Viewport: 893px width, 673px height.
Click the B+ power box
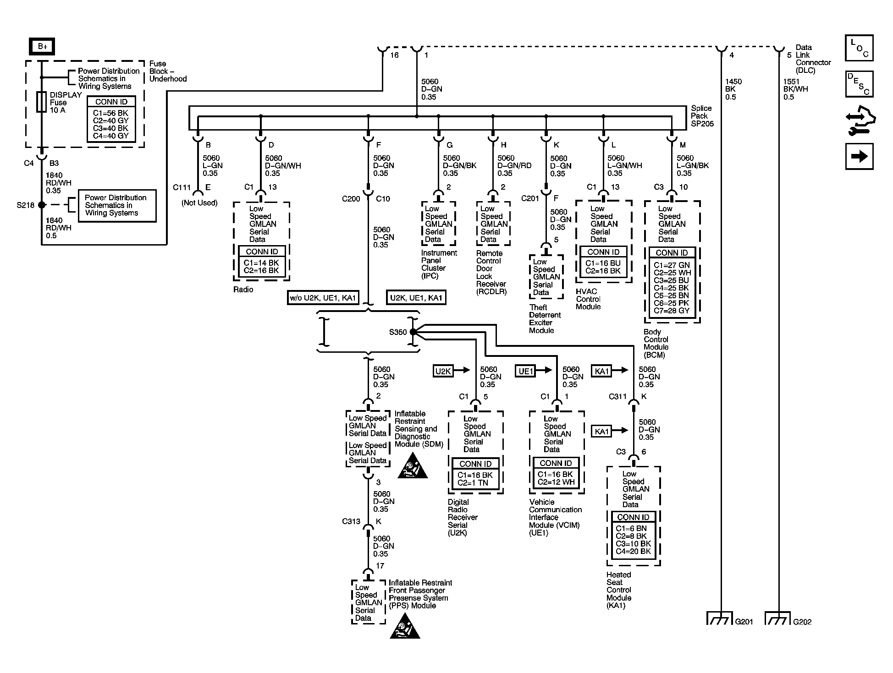point(42,46)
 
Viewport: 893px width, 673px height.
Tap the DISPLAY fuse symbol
point(41,102)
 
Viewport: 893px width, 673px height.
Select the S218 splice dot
point(42,205)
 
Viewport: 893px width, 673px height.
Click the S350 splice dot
point(413,332)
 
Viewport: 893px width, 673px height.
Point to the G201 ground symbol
point(720,618)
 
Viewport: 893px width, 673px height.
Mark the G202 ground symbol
point(778,618)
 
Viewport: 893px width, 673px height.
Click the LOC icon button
point(859,48)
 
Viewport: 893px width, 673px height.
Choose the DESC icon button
point(859,84)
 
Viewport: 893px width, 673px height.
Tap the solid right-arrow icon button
point(859,156)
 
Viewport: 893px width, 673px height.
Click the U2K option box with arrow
point(452,371)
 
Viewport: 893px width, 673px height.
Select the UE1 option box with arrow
point(534,371)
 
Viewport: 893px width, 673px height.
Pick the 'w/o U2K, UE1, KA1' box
point(323,298)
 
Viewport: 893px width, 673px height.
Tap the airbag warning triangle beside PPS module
point(405,626)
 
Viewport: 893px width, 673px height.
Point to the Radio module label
point(243,290)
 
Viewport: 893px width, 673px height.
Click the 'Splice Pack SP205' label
point(702,116)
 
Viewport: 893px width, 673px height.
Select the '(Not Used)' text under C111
point(199,202)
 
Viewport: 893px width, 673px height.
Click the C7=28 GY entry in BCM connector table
point(672,311)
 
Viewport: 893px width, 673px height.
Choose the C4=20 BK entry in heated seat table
point(633,551)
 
